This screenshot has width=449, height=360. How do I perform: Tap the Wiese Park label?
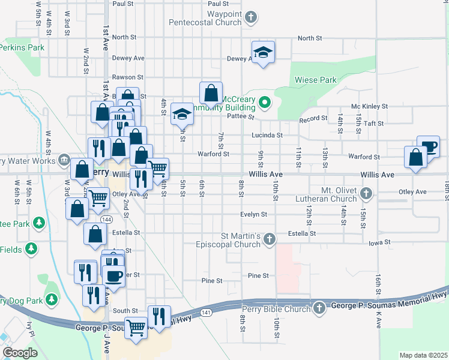tap(315, 79)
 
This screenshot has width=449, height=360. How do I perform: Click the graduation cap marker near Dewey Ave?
tap(263, 53)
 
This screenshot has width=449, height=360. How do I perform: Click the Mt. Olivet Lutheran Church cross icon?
tap(367, 193)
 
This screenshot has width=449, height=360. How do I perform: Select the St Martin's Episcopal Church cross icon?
tap(270, 239)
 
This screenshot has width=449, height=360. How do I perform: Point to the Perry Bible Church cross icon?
tap(319, 308)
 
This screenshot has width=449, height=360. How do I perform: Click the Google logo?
tap(20, 352)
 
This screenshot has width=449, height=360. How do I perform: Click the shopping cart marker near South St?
tap(136, 328)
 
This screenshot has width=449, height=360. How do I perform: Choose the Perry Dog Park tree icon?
tap(52, 298)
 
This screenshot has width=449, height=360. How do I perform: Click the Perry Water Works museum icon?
tap(64, 160)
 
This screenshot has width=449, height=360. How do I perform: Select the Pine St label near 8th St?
tap(258, 275)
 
